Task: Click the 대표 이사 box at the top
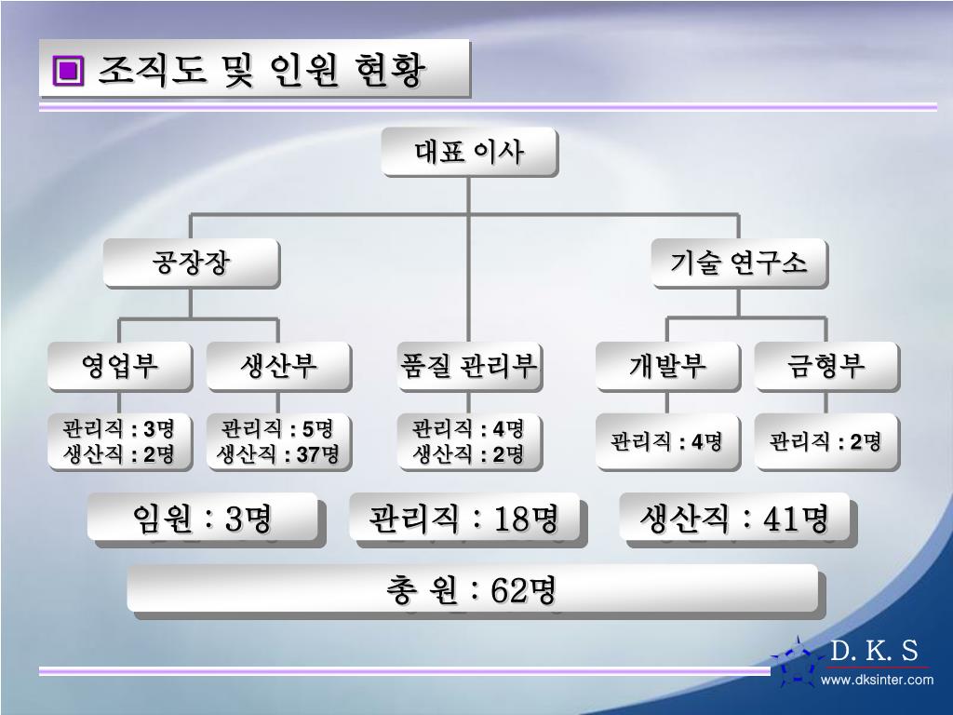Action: click(469, 152)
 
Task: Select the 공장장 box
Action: click(191, 263)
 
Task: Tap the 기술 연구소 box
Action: click(738, 263)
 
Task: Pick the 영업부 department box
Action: click(120, 366)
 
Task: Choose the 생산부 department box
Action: click(278, 366)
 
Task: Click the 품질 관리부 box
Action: click(469, 366)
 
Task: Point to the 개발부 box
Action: click(667, 366)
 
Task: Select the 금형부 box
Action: click(825, 366)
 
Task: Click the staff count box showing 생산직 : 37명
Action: click(278, 441)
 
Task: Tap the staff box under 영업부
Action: click(120, 441)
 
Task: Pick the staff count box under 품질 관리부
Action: click(469, 441)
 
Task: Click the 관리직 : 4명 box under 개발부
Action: click(667, 441)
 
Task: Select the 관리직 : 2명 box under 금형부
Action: click(825, 441)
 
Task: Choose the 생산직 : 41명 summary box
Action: click(734, 519)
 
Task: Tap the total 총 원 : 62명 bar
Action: click(472, 589)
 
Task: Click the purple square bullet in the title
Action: click(68, 70)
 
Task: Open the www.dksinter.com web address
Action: click(877, 681)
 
